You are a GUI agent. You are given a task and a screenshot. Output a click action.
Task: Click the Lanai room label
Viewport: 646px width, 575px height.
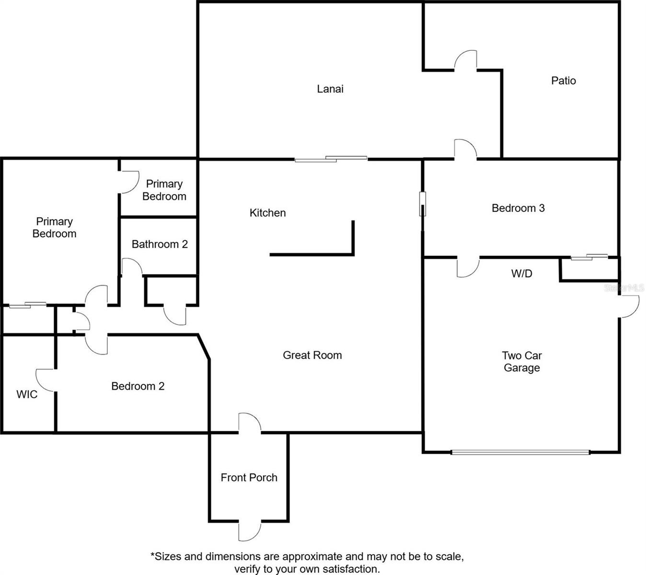click(x=330, y=89)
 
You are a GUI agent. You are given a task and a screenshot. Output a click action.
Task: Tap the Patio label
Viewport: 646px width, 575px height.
click(x=563, y=80)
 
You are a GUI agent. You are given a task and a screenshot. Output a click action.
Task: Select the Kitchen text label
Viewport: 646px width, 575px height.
click(x=267, y=213)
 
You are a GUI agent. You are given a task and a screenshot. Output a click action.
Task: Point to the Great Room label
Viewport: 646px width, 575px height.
click(x=312, y=355)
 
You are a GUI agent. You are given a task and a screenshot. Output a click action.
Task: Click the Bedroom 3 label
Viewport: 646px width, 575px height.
click(x=518, y=208)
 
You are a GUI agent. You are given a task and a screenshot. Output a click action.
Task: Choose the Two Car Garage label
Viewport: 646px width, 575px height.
click(x=521, y=362)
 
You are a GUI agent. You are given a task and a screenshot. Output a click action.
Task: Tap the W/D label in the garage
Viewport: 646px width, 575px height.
click(x=521, y=274)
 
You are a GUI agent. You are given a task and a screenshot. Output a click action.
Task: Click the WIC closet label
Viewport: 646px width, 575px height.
click(x=27, y=394)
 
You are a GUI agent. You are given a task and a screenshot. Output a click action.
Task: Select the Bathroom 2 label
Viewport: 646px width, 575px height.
click(x=160, y=244)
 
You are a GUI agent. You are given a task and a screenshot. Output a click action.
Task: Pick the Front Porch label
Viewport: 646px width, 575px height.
click(x=249, y=478)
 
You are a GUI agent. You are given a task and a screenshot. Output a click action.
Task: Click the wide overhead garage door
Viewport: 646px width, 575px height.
click(x=520, y=452)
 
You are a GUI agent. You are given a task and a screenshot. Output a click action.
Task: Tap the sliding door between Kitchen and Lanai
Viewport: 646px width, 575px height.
click(x=331, y=159)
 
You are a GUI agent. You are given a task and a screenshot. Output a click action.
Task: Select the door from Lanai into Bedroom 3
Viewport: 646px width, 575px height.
click(x=465, y=149)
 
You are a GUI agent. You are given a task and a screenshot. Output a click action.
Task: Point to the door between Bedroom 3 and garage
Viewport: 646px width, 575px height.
click(x=468, y=266)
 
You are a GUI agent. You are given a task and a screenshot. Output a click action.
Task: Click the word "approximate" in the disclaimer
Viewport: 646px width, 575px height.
click(x=311, y=557)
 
